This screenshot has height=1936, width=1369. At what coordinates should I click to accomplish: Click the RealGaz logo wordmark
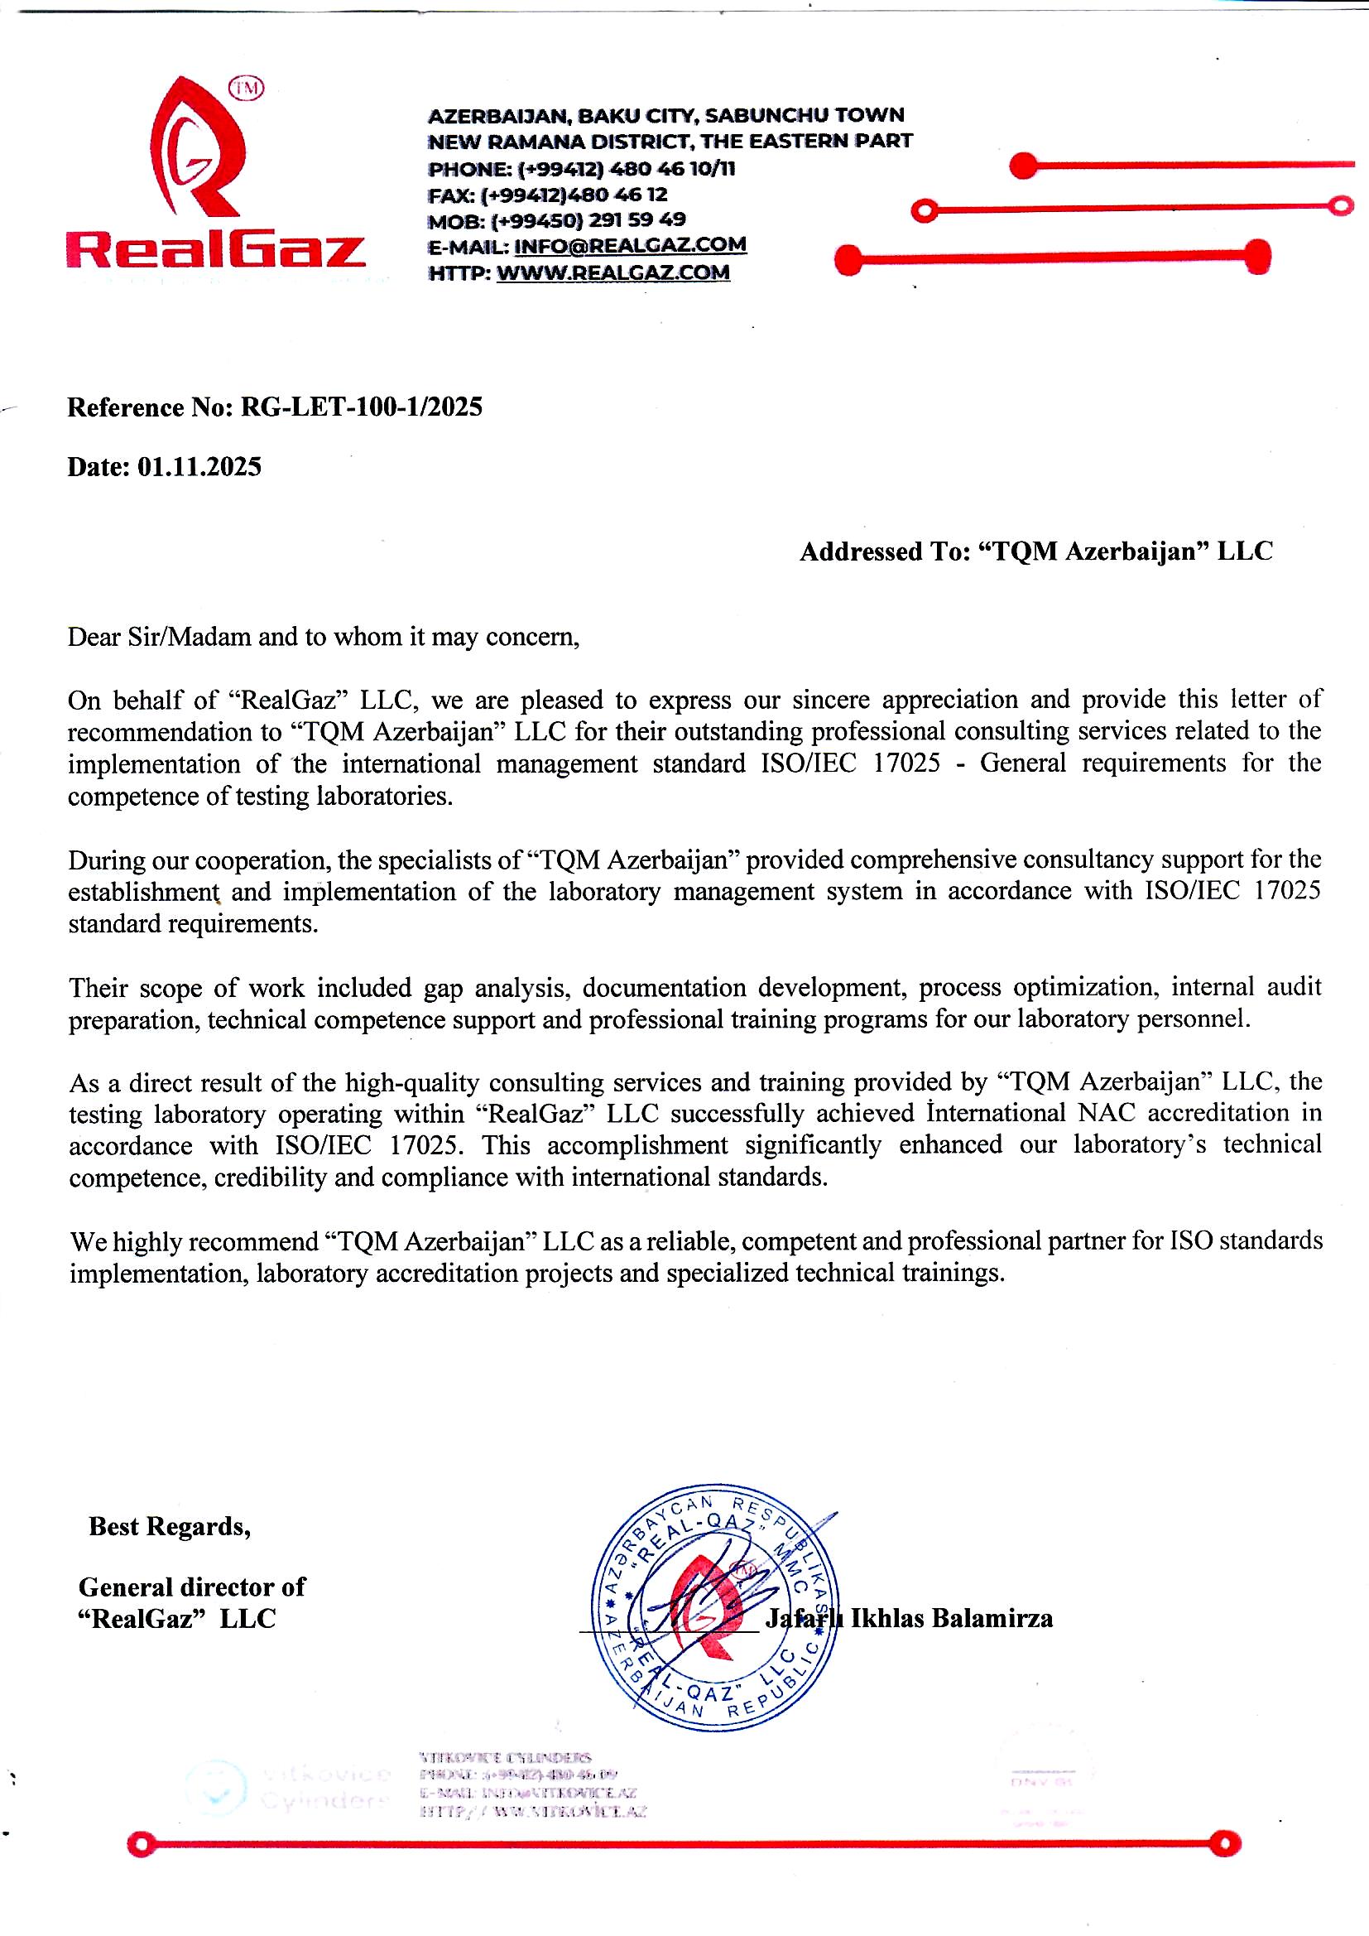(x=216, y=250)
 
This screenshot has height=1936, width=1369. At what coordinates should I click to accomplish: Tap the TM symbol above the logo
(x=247, y=89)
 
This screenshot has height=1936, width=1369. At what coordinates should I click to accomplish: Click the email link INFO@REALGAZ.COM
(x=630, y=245)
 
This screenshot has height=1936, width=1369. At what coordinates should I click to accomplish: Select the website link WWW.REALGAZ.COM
(x=612, y=272)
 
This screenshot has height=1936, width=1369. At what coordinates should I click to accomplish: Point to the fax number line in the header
(x=548, y=195)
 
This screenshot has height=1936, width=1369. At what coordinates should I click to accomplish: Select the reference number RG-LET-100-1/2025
(x=362, y=408)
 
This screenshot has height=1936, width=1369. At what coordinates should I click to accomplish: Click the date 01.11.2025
(x=199, y=467)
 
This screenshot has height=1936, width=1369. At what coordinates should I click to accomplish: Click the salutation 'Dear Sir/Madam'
(x=161, y=637)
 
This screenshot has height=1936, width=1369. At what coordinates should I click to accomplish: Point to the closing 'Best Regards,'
(x=170, y=1527)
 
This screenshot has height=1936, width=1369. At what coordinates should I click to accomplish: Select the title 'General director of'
(x=191, y=1587)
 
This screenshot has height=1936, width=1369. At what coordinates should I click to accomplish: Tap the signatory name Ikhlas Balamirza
(x=951, y=1618)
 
